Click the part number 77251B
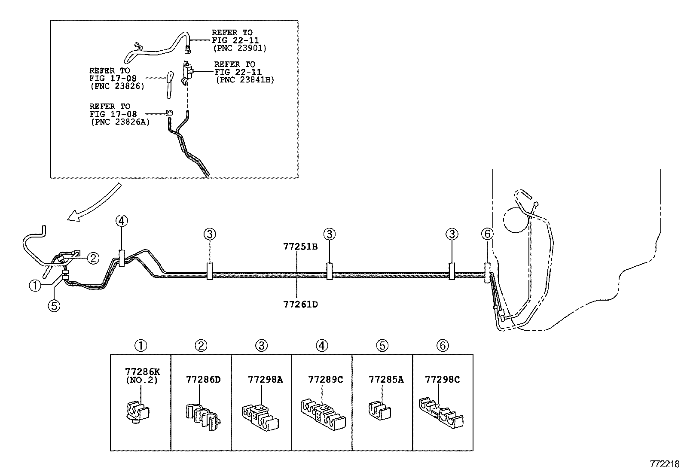coord(300,247)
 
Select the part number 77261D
coord(300,305)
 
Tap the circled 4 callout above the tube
coord(122,221)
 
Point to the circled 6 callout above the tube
coord(487,234)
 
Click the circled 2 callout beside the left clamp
coord(93,258)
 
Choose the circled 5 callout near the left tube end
coord(54,305)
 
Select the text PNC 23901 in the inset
coord(240,48)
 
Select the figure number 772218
coord(665,464)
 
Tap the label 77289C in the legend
coord(326,380)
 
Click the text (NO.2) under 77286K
coord(142,380)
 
